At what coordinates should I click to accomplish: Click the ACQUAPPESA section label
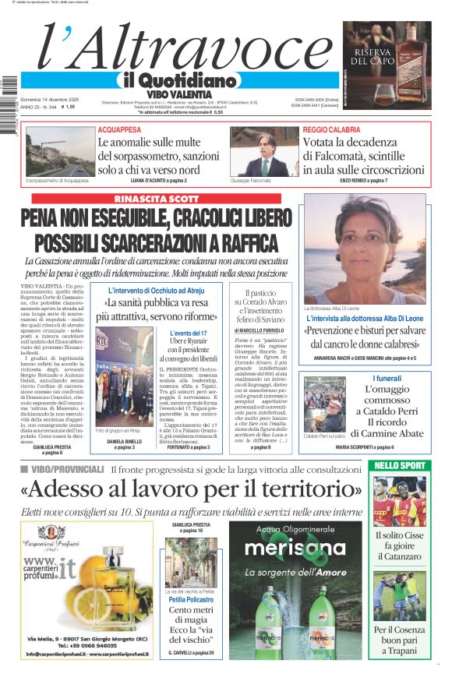[119, 129]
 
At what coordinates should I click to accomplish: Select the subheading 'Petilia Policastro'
[191, 600]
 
